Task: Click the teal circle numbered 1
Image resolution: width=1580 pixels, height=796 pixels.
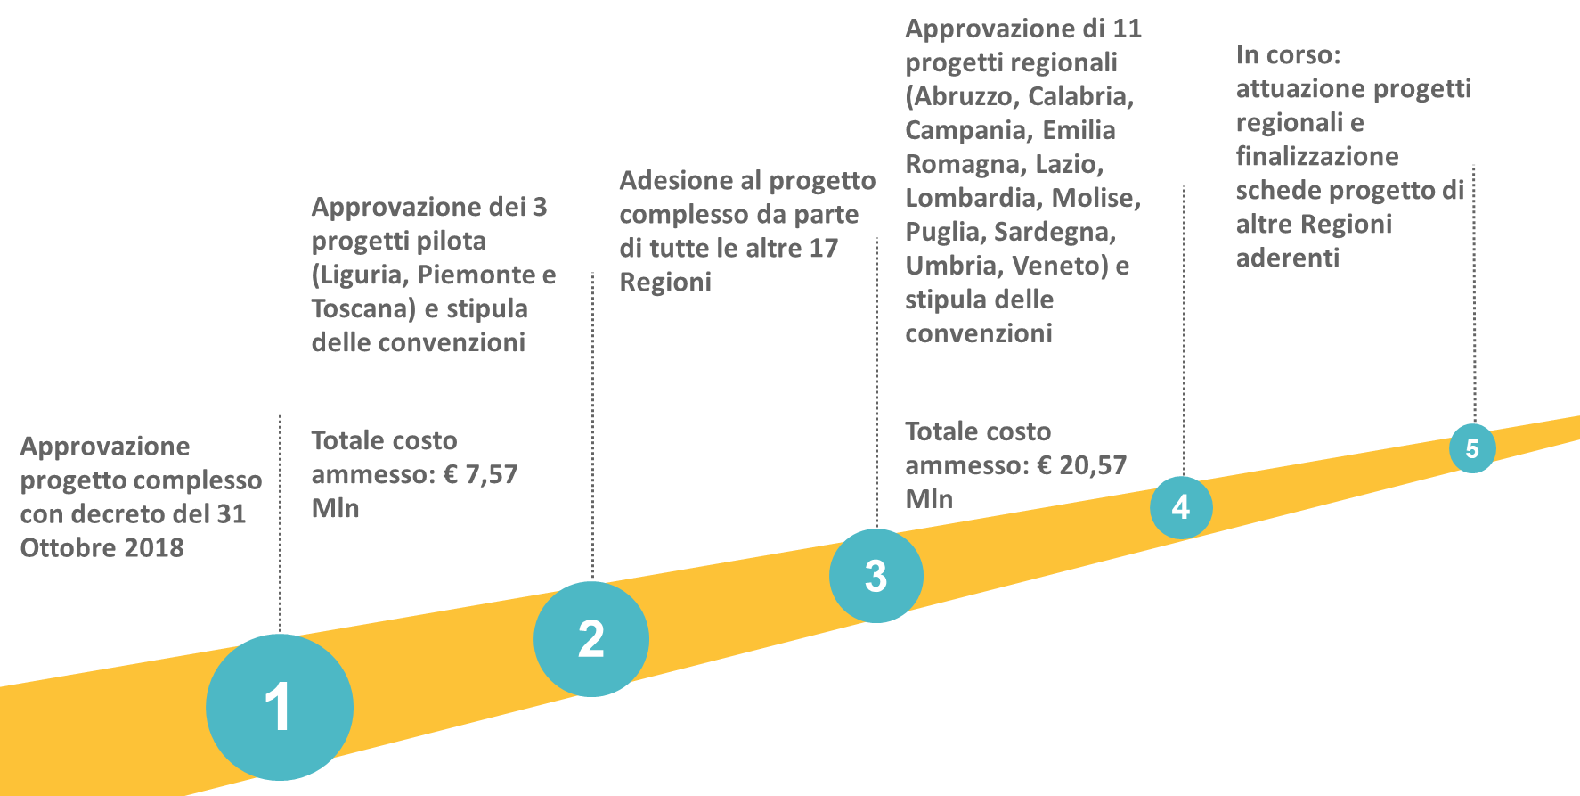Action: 280,707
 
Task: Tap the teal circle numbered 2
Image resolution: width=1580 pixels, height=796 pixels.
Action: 591,639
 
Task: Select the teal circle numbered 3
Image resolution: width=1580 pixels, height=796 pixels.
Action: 876,576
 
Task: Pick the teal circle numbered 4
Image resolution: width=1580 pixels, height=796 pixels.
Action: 1181,507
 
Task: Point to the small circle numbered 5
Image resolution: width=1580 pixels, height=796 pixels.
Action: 1472,448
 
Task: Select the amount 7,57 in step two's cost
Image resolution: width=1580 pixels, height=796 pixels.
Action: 491,474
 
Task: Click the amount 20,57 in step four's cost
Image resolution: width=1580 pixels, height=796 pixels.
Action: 1092,465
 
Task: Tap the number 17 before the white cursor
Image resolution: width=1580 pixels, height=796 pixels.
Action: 824,249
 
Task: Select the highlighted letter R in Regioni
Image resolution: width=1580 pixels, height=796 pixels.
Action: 628,283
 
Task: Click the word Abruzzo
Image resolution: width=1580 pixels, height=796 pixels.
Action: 965,96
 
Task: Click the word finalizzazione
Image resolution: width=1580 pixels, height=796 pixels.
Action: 1317,157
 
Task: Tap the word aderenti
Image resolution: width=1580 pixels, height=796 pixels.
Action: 1288,258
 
